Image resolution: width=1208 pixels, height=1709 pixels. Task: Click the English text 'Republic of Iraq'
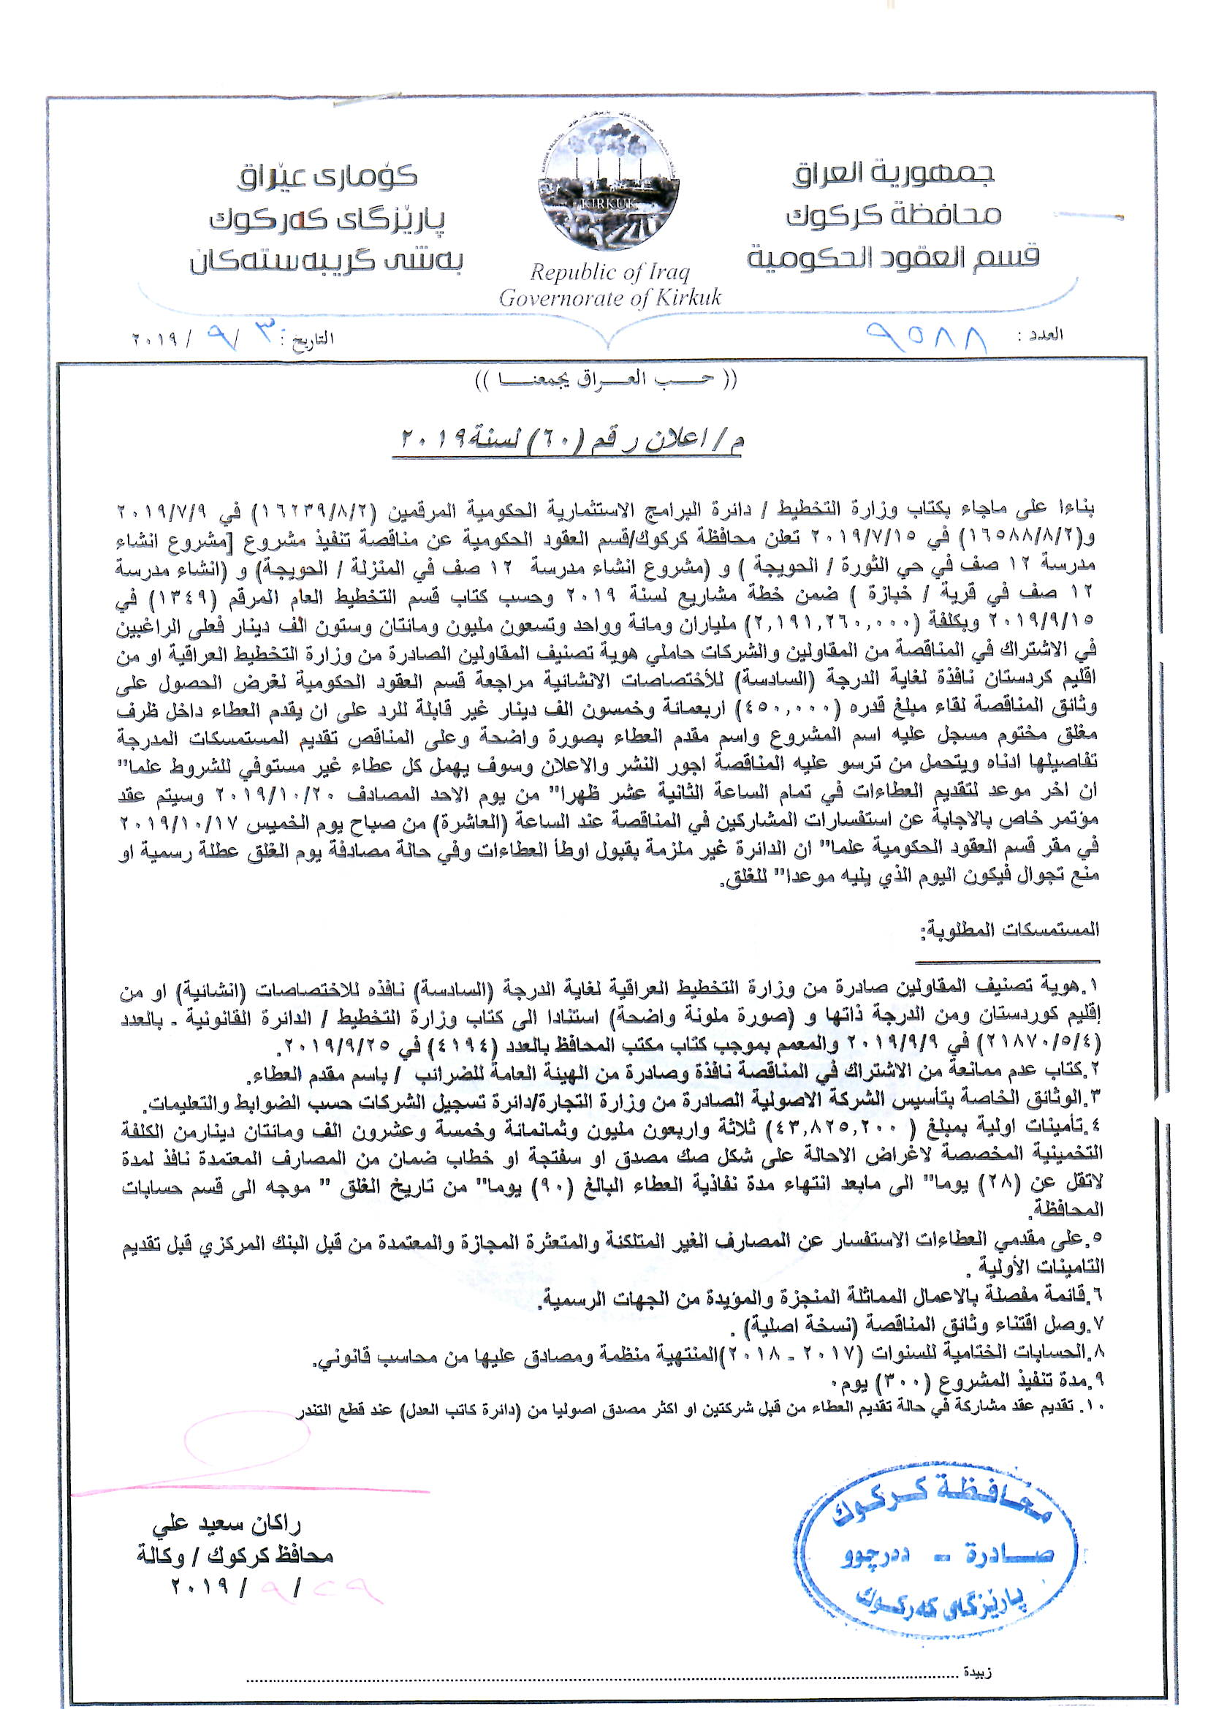coord(609,273)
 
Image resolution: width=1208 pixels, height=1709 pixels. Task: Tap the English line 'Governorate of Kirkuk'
coord(609,298)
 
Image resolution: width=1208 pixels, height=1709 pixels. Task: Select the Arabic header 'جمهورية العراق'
coord(892,173)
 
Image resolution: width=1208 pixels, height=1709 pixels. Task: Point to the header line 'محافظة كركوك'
coord(892,216)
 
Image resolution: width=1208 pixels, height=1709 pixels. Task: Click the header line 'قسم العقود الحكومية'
coord(892,257)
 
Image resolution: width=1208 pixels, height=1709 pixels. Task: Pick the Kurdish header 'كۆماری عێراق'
coord(327,176)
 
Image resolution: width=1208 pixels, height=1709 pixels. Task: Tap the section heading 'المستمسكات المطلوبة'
coord(1009,930)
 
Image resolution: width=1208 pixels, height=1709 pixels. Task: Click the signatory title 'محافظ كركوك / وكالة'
coord(235,1555)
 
